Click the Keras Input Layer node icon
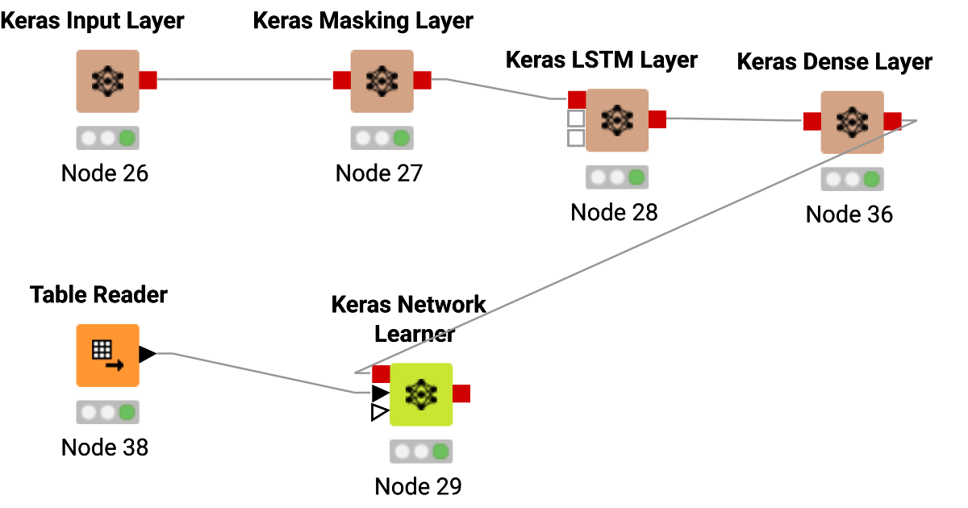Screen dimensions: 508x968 pos(107,81)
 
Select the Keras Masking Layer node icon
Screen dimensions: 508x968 pos(382,81)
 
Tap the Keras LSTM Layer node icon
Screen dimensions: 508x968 pos(616,119)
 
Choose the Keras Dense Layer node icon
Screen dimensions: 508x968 pos(852,121)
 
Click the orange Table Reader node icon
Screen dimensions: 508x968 pos(107,355)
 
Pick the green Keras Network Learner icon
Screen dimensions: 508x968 pos(420,393)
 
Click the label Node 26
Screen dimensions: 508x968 pos(105,173)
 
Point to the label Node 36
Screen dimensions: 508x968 pos(849,214)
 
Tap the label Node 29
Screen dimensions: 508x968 pos(418,486)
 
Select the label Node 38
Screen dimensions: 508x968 pos(105,447)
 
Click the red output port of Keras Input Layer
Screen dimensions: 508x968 pos(148,80)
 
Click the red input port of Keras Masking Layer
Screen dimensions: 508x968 pos(341,80)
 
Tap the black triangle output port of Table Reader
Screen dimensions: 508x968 pos(147,354)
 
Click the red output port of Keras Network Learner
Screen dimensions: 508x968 pos(461,393)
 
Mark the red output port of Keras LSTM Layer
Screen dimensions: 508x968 pos(657,119)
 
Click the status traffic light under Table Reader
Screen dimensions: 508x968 pos(107,412)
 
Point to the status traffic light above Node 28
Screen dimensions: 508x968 pos(616,177)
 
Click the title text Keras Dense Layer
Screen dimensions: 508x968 pos(835,62)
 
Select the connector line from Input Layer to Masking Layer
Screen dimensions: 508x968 pos(242,80)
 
